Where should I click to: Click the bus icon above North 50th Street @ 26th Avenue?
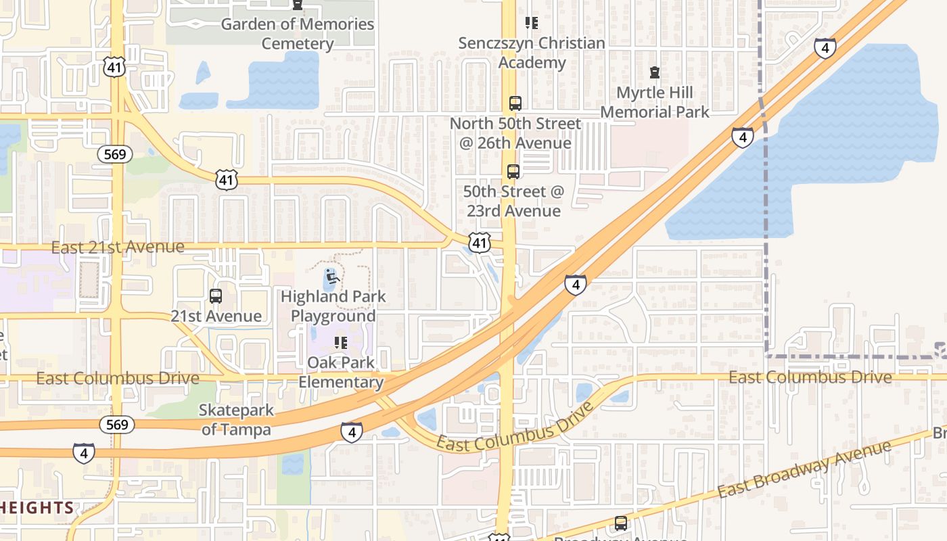click(515, 103)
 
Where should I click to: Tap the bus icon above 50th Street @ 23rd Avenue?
click(513, 172)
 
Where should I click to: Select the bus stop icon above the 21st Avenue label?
click(216, 296)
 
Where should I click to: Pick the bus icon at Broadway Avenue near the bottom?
click(620, 523)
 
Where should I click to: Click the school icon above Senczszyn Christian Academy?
click(532, 23)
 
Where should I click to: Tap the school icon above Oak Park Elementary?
click(341, 343)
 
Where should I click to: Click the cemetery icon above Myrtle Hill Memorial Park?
click(654, 72)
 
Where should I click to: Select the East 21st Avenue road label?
click(118, 248)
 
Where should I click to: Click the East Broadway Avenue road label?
click(804, 469)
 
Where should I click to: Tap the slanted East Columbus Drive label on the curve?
click(515, 428)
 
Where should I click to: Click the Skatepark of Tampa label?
click(236, 420)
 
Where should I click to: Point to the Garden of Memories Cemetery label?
click(298, 34)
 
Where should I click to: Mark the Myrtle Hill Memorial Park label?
click(654, 102)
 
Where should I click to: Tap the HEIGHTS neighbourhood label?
click(37, 508)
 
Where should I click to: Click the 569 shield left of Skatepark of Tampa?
click(116, 425)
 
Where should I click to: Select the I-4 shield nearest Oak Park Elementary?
click(351, 432)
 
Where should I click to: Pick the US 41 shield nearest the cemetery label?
click(114, 66)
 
